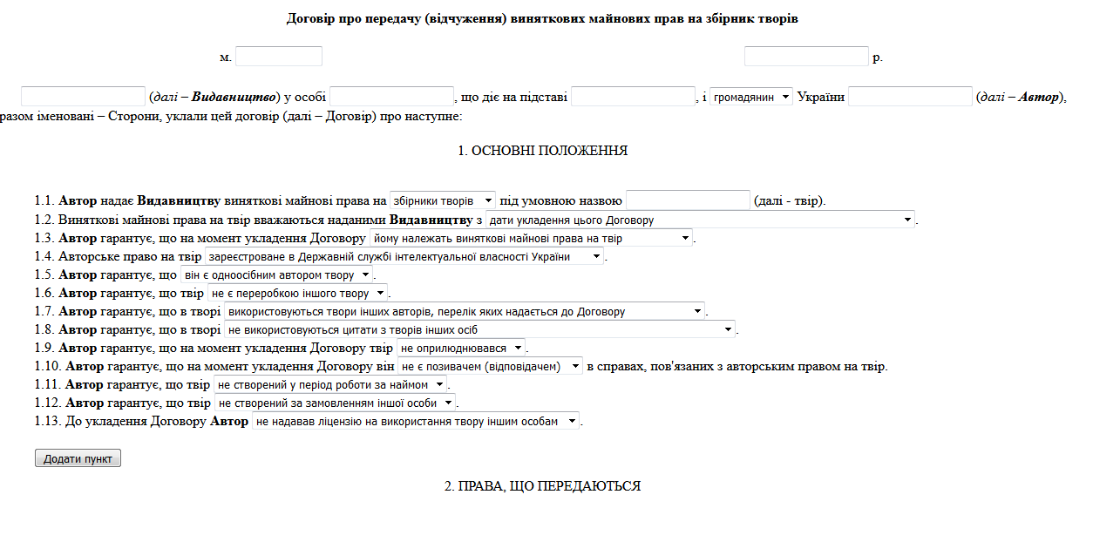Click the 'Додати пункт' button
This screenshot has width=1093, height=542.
(x=78, y=458)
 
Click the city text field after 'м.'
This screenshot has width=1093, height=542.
(x=279, y=57)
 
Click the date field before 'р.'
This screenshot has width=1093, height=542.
(x=806, y=57)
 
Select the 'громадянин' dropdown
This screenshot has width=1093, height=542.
(x=751, y=97)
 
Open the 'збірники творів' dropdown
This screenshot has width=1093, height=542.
(x=443, y=200)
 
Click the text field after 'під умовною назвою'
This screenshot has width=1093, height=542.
(x=688, y=200)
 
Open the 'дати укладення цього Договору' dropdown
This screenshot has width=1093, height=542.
(x=701, y=220)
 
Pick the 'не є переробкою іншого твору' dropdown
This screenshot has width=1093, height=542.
(x=297, y=293)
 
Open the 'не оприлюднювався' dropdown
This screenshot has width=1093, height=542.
(x=461, y=348)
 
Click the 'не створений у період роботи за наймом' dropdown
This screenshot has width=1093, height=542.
(x=330, y=384)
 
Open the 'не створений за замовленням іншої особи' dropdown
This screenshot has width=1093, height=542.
(x=335, y=403)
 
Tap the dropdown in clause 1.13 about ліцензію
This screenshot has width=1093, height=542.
(x=415, y=421)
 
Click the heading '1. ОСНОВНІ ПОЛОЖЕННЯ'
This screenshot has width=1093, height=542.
(x=542, y=151)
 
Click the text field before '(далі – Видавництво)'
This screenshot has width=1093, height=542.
(x=83, y=97)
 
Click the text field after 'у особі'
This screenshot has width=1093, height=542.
(x=392, y=97)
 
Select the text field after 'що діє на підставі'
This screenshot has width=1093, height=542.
(x=633, y=97)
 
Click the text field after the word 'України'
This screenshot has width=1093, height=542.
(x=910, y=97)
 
